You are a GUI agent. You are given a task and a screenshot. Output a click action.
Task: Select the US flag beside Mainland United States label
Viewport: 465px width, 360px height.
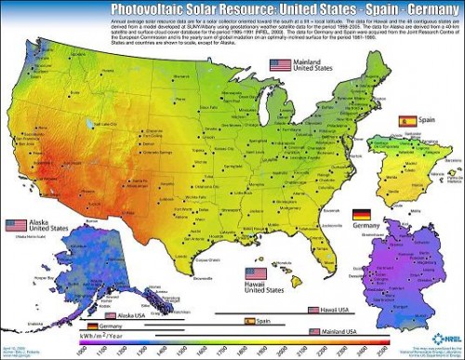tap(280, 65)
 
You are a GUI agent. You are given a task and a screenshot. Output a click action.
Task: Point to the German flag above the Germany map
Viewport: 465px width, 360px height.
tap(362, 215)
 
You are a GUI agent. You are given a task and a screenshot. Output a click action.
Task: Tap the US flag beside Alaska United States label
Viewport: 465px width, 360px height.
tap(16, 225)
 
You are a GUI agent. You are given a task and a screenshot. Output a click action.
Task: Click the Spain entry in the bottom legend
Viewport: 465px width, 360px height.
tap(260, 320)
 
